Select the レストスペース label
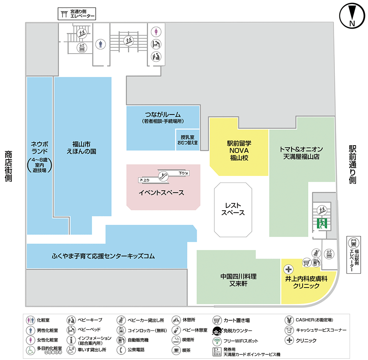(x=233, y=209)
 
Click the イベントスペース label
(x=162, y=193)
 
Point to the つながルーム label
(x=163, y=117)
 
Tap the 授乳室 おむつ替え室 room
(x=187, y=140)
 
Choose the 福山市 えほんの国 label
(x=81, y=147)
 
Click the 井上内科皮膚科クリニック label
(x=306, y=282)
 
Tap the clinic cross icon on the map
(x=289, y=269)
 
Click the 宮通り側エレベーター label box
(x=76, y=14)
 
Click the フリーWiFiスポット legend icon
(x=217, y=341)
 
